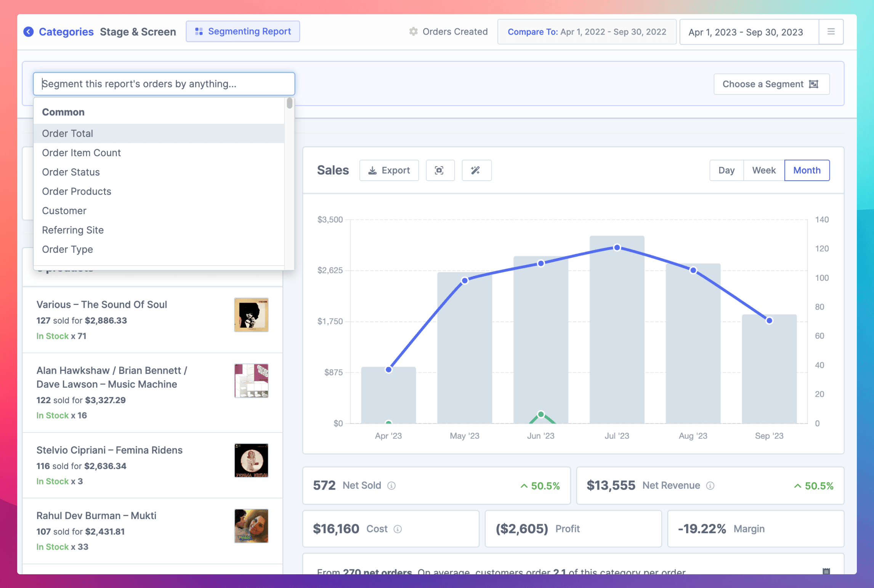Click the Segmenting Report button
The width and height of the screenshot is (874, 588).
(243, 32)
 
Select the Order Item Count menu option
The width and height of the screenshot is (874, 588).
(81, 153)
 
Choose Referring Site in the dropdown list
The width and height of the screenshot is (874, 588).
(73, 230)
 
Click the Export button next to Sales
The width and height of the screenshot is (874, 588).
(389, 170)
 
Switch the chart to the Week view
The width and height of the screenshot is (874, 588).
(763, 170)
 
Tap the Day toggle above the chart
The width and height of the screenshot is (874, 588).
(726, 170)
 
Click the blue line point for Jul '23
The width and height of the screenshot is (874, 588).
(617, 248)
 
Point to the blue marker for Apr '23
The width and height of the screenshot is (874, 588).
(388, 370)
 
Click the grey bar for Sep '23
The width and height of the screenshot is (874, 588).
(769, 373)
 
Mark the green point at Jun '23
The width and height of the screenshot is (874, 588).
(540, 414)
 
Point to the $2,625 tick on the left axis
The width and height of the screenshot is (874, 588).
(330, 271)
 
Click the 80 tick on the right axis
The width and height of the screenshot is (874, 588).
(819, 307)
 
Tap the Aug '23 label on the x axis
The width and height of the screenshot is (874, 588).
(693, 436)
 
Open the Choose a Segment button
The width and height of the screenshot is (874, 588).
(771, 84)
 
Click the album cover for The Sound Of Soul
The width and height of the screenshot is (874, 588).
(251, 315)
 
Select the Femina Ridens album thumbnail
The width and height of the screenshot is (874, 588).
(251, 460)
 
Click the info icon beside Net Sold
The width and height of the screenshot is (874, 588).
(391, 486)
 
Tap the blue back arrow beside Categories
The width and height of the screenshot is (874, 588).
(29, 32)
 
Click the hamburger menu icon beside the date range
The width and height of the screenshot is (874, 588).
(831, 32)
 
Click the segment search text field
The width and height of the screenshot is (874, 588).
(164, 84)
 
